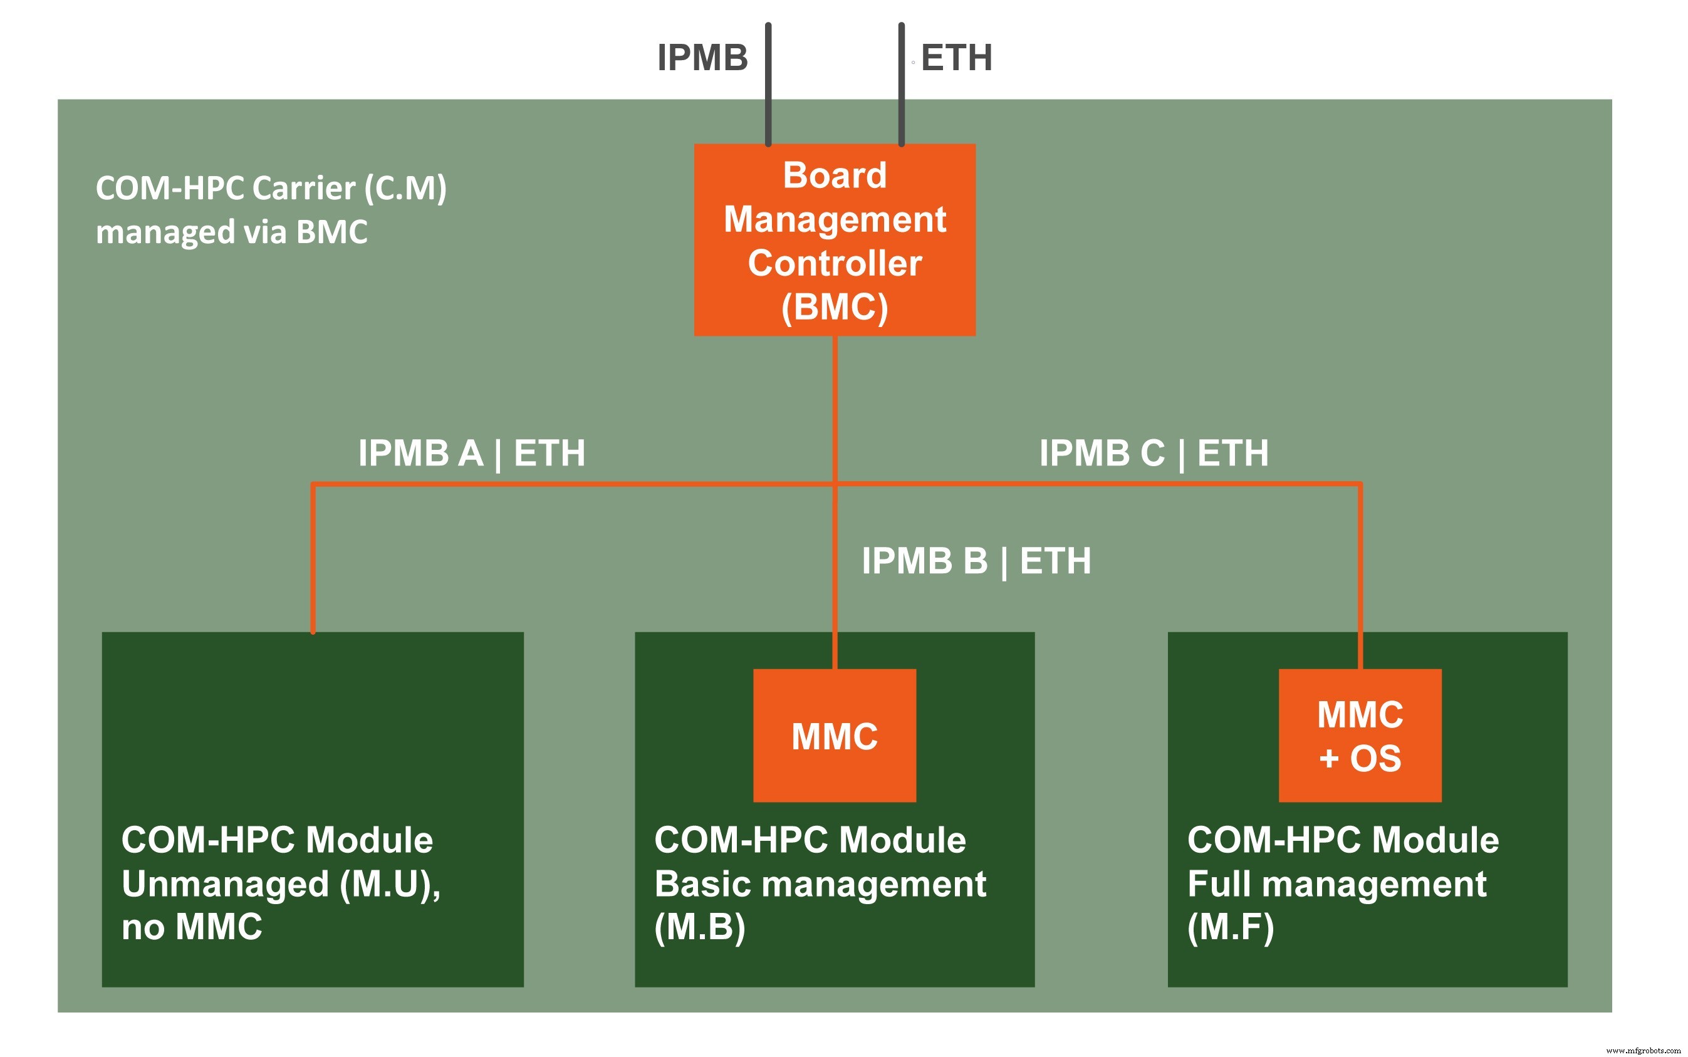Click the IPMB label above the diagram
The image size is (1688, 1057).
[702, 57]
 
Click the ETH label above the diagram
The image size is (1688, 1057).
[956, 57]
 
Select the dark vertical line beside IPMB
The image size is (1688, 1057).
[768, 84]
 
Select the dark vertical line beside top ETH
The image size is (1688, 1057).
[901, 84]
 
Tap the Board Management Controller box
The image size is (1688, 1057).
[835, 239]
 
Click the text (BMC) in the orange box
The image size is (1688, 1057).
[835, 308]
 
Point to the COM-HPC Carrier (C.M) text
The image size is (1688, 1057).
[271, 188]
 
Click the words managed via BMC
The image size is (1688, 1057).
[231, 232]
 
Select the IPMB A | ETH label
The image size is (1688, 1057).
[472, 453]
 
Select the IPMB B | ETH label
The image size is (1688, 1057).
[976, 561]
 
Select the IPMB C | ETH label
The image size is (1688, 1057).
[1154, 453]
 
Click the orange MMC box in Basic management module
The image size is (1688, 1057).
[835, 736]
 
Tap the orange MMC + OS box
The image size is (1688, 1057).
[1360, 736]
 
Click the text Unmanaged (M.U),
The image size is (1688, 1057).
[281, 884]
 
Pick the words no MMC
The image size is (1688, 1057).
[192, 927]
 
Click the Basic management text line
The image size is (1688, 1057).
[820, 884]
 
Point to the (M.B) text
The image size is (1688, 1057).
[700, 927]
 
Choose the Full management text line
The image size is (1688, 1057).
[1336, 884]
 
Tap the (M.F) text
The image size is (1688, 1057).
[1230, 927]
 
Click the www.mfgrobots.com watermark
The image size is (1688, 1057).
[1642, 1050]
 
